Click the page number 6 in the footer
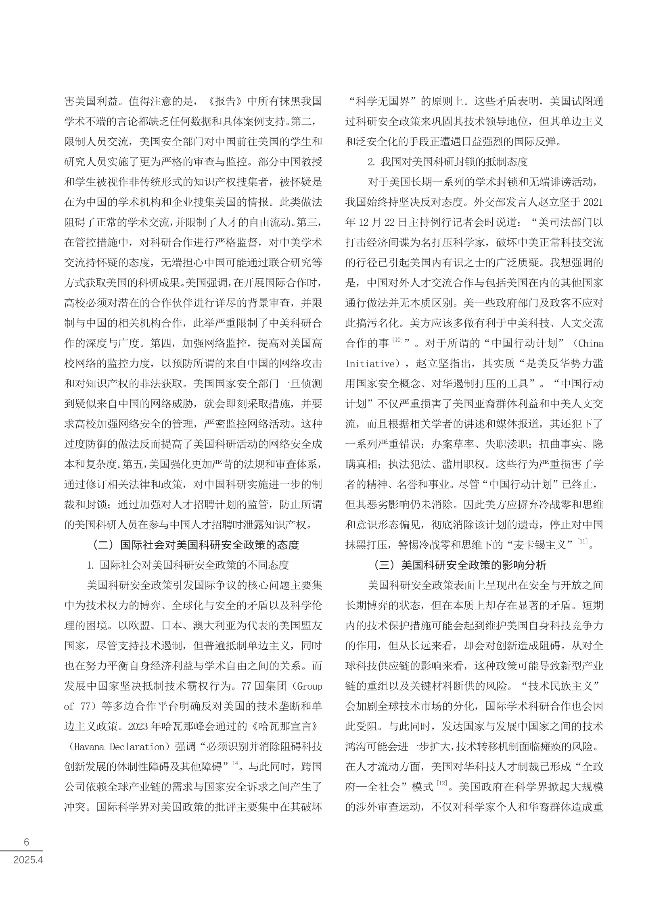tap(27, 842)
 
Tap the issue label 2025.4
tap(28, 860)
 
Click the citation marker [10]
tap(398, 340)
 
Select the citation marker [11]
tap(582, 541)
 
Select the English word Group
tap(310, 686)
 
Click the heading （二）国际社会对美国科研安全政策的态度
tap(196, 545)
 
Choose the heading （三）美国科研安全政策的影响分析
tap(460, 565)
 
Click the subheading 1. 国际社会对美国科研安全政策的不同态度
tap(188, 565)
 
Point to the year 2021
tap(593, 202)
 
